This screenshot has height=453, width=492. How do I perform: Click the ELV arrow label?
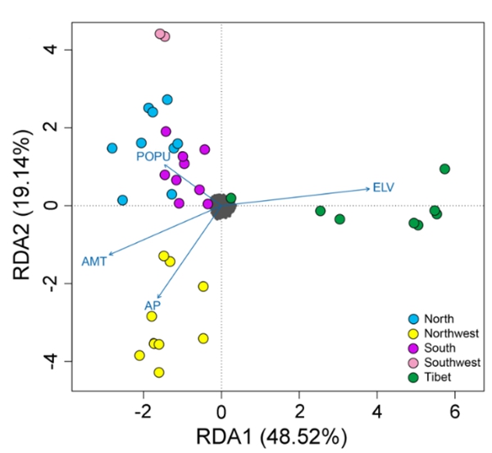click(x=383, y=187)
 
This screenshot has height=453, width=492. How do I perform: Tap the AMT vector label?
click(x=94, y=262)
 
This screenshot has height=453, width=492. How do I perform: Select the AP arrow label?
click(x=152, y=305)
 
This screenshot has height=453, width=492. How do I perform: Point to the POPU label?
click(x=152, y=156)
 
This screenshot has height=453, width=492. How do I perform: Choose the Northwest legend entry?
click(x=452, y=333)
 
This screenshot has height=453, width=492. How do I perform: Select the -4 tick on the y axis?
click(x=47, y=361)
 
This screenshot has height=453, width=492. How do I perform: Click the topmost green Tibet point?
click(x=444, y=169)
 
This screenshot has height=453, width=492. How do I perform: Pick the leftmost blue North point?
click(x=112, y=149)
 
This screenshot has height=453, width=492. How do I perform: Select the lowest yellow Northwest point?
click(x=159, y=373)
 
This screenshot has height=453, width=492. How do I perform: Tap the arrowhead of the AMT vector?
click(x=109, y=256)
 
